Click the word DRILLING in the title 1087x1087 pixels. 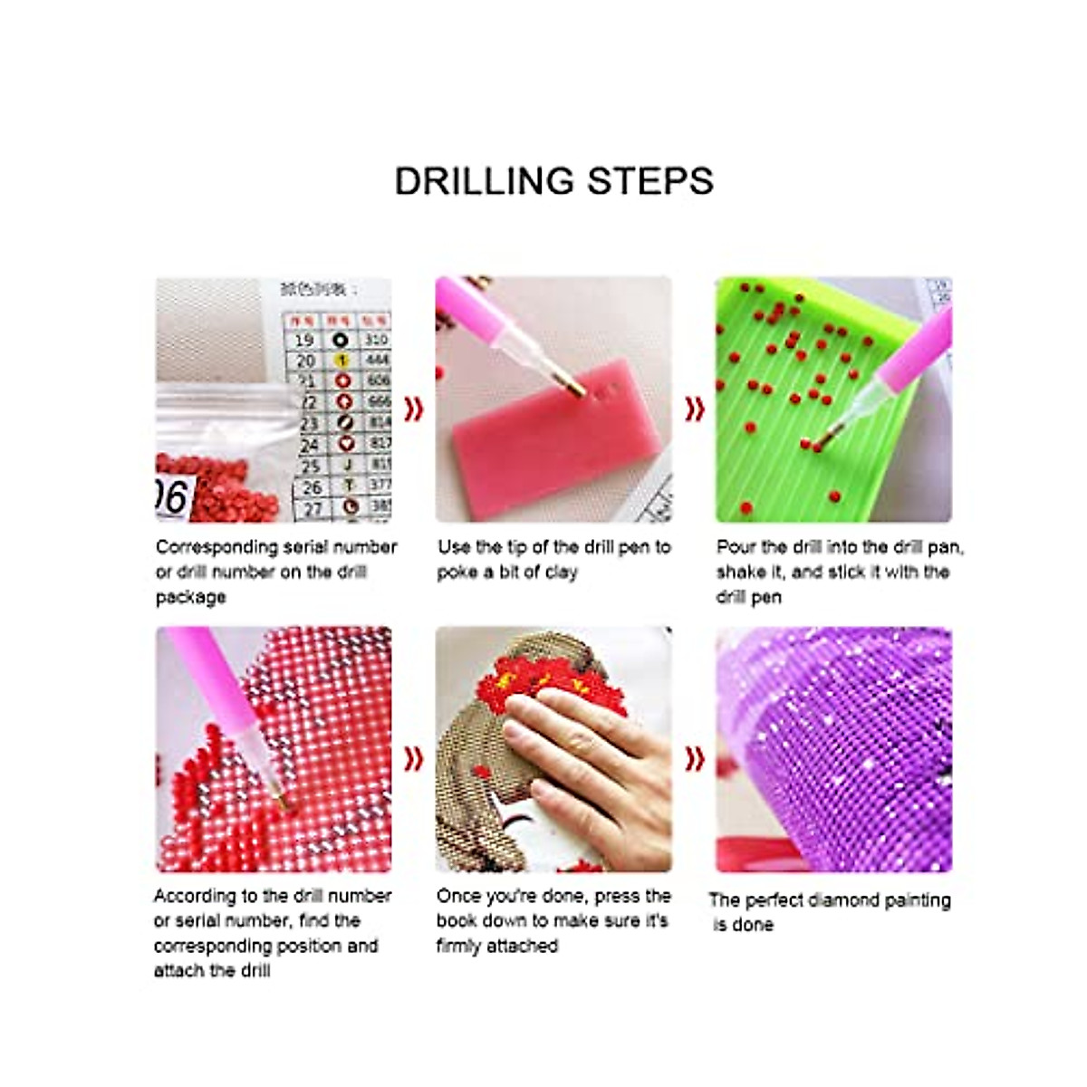click(x=486, y=181)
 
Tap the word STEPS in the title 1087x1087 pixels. click(x=650, y=181)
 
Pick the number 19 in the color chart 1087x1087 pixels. click(x=304, y=340)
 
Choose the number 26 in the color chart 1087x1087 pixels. click(x=313, y=487)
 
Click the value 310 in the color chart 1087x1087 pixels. click(x=377, y=340)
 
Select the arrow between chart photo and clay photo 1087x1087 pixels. click(x=414, y=409)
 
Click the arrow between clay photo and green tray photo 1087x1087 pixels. click(x=694, y=409)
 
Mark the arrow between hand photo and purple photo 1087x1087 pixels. click(x=694, y=758)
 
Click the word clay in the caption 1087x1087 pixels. click(x=561, y=572)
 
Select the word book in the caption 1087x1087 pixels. click(x=457, y=920)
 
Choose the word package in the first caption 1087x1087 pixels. click(x=190, y=598)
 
